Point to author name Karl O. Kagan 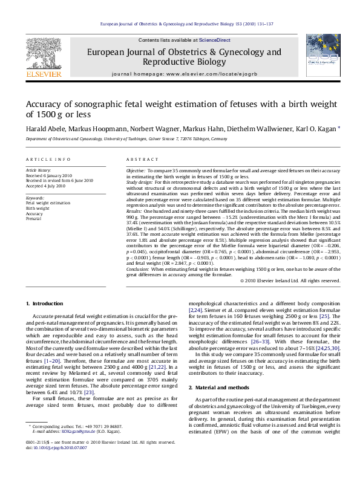coord(316,129)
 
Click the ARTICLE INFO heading coord(44,159)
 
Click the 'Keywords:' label coord(34,198)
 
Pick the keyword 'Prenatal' coord(34,218)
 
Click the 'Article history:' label coord(39,171)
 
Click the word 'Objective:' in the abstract coord(136,171)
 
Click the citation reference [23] coord(88,392)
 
